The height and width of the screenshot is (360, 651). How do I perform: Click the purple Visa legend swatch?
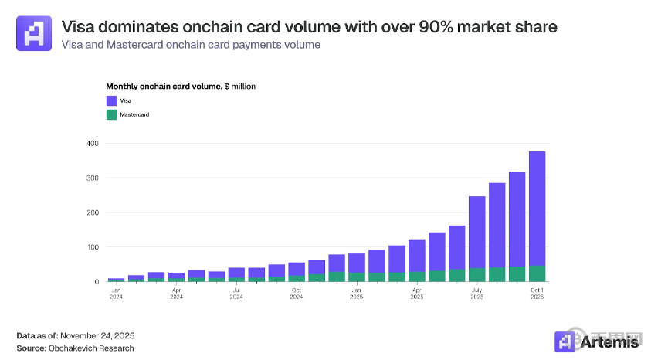[x=110, y=100]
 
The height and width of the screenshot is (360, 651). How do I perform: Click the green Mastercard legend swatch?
[x=110, y=114]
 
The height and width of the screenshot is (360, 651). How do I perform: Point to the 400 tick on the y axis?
[x=93, y=144]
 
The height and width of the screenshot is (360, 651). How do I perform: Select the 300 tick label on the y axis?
[x=93, y=178]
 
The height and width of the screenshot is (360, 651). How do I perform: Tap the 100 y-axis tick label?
[x=93, y=247]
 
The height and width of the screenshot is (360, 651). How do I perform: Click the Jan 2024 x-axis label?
[x=116, y=294]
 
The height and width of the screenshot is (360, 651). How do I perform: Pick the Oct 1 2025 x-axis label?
[x=537, y=294]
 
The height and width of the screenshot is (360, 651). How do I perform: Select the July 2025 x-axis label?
[x=476, y=294]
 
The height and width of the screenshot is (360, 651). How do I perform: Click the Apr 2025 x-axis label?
[x=416, y=294]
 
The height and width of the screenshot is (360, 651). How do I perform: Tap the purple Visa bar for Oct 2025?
[x=537, y=209]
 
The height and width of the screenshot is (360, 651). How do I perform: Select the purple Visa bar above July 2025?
[x=476, y=232]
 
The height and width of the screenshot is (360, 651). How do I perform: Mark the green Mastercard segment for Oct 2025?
[x=537, y=273]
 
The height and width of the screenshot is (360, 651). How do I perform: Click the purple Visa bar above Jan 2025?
[x=356, y=263]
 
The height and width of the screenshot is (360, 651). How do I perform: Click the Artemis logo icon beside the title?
[x=33, y=33]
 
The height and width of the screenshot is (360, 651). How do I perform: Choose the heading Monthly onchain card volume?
[x=163, y=87]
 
